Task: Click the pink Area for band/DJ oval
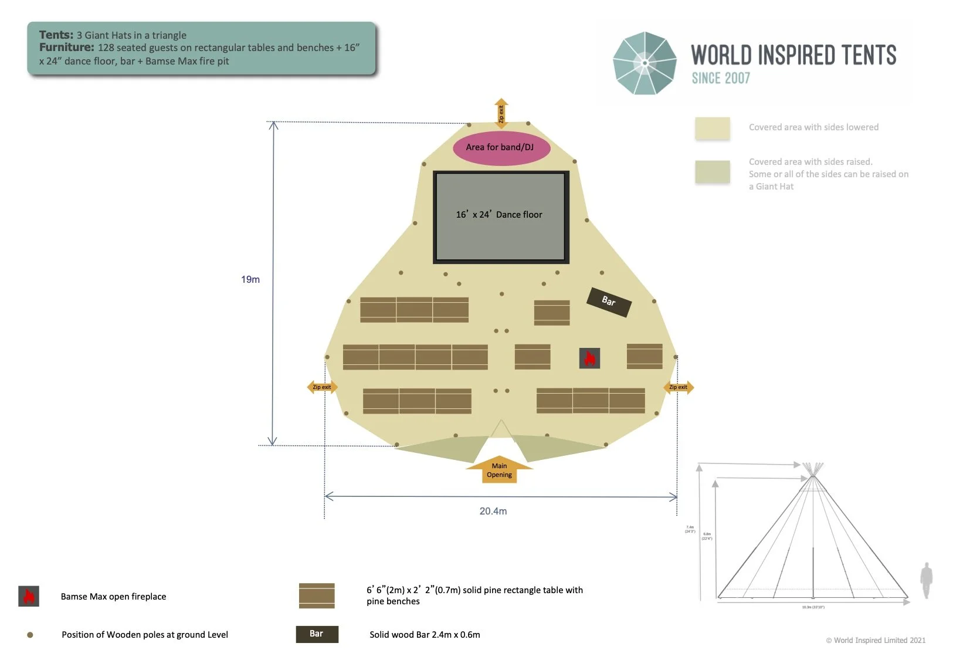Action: [x=501, y=147]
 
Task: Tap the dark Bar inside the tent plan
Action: [x=609, y=302]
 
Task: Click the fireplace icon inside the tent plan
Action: [x=589, y=358]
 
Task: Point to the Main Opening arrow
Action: [x=499, y=470]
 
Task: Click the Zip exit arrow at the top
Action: [x=501, y=113]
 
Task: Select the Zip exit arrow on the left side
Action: [x=321, y=387]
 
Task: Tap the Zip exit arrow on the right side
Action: [x=679, y=387]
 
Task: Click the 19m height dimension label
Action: [x=250, y=279]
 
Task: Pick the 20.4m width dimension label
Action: [x=493, y=511]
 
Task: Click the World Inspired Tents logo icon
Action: [x=645, y=63]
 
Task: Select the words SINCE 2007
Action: [x=721, y=78]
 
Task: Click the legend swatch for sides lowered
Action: [x=713, y=128]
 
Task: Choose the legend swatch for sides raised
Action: [x=713, y=172]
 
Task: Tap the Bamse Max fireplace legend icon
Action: [x=29, y=596]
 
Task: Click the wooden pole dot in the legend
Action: [x=30, y=635]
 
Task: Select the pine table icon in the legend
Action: [x=317, y=595]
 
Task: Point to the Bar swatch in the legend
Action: [x=317, y=634]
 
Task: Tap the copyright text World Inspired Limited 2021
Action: [x=876, y=640]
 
